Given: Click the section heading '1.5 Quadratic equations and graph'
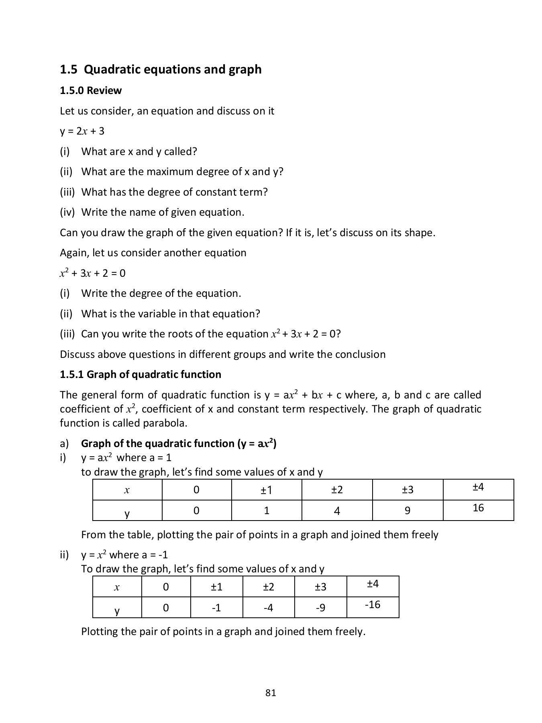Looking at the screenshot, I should click(161, 69).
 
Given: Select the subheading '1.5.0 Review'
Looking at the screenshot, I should click(91, 91).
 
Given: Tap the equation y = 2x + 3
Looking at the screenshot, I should click(82, 131).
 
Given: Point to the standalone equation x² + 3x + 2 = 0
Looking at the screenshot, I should click(92, 274).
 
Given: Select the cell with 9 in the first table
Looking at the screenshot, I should click(408, 511).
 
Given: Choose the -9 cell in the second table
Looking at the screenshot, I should click(320, 608).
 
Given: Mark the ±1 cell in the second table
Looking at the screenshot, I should click(216, 587).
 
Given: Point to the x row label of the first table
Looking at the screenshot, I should click(127, 490).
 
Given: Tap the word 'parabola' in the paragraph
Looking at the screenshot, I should click(165, 423).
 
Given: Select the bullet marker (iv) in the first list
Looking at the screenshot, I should click(67, 212).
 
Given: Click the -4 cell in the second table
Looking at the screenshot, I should click(268, 608).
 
